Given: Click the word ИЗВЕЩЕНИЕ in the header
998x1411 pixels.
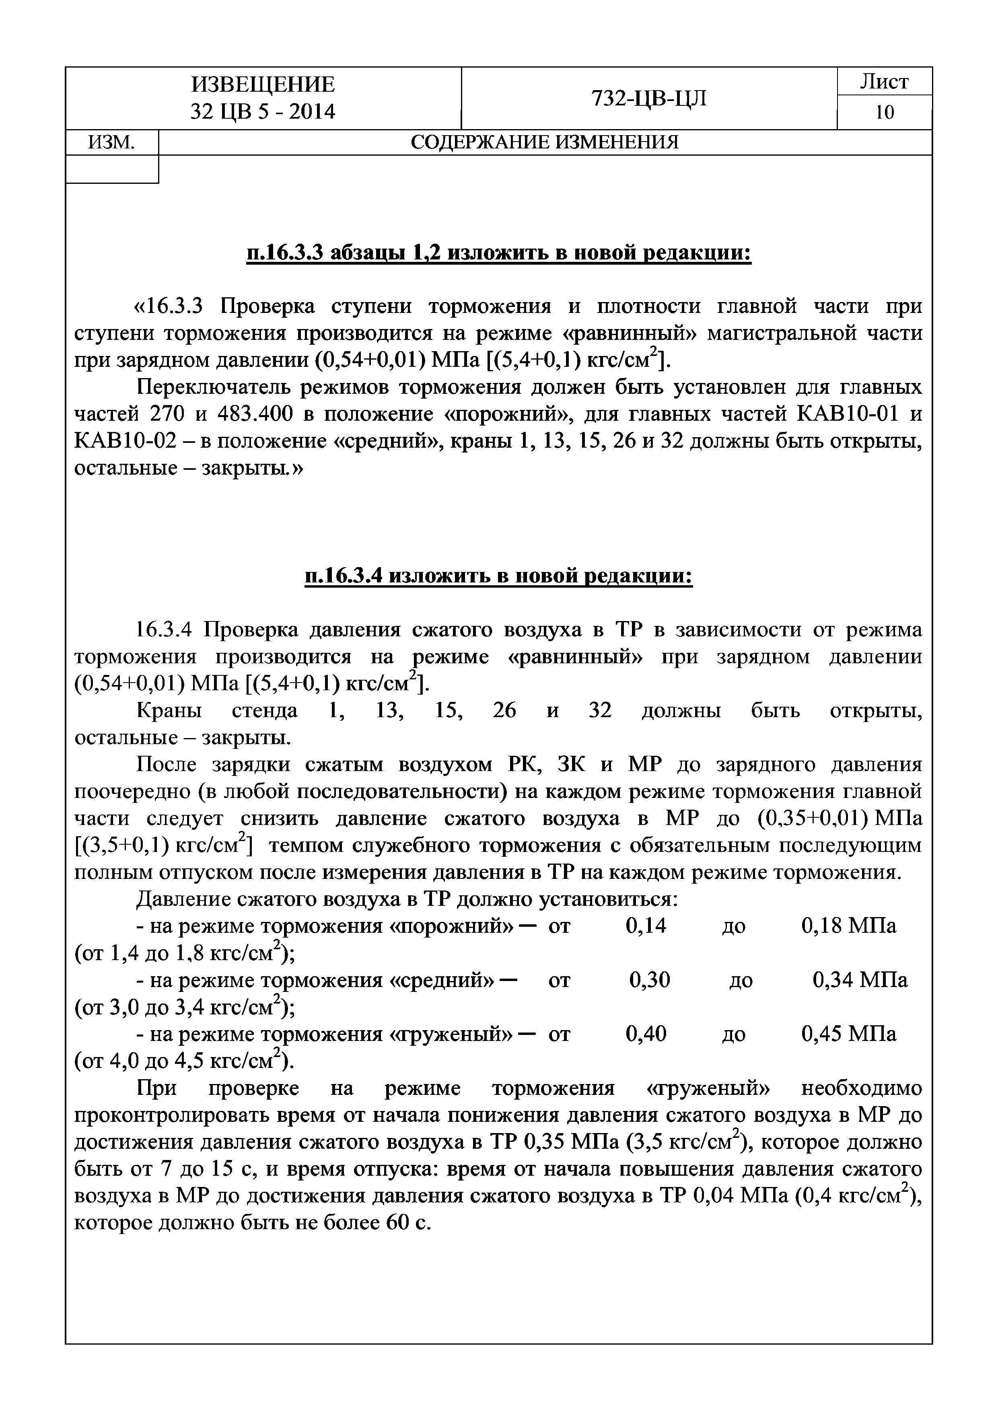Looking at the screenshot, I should click(263, 84).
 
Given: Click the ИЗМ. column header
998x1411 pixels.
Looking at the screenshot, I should click(111, 142).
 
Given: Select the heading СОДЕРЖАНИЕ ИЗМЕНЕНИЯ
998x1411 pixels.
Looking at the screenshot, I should click(545, 142).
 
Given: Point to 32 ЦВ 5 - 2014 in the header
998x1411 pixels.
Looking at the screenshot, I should click(263, 112).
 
